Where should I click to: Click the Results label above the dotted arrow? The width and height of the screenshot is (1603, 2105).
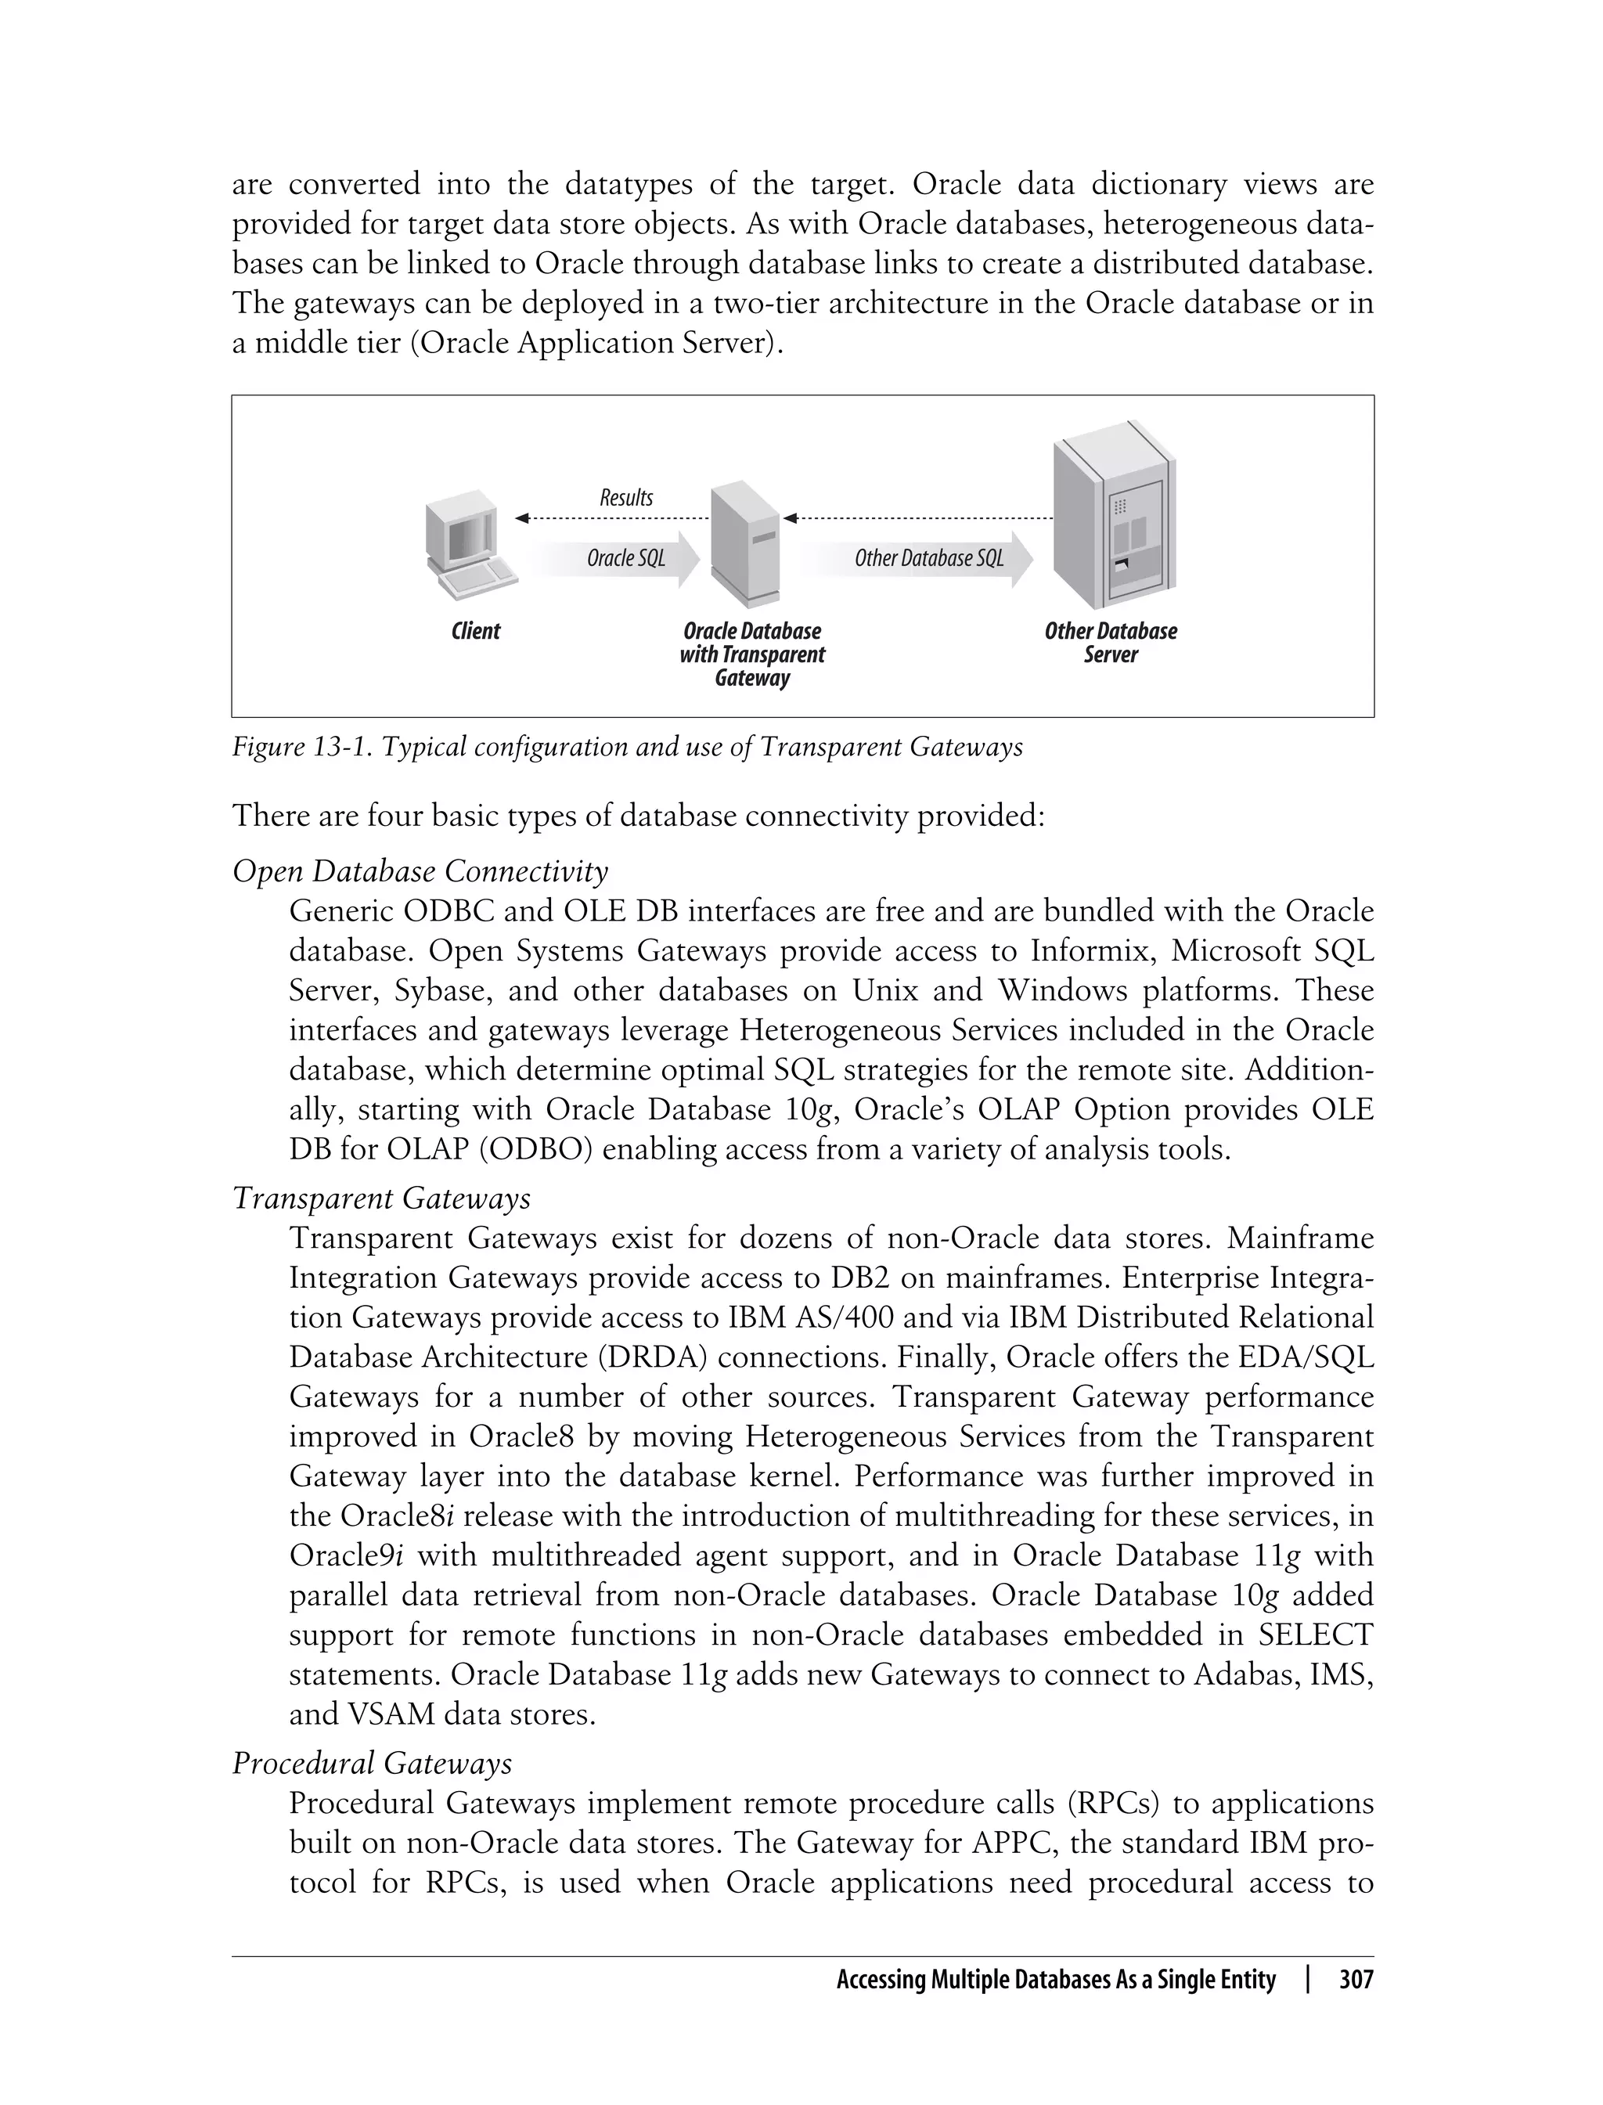626,497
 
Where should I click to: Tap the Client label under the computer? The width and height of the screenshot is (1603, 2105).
475,631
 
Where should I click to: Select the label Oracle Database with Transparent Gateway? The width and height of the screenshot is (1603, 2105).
752,654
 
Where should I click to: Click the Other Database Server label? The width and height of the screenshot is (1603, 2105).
1111,642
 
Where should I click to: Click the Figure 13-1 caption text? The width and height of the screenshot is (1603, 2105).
627,746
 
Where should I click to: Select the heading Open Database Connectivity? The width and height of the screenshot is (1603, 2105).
420,870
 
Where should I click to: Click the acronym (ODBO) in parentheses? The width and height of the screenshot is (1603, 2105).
539,1149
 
